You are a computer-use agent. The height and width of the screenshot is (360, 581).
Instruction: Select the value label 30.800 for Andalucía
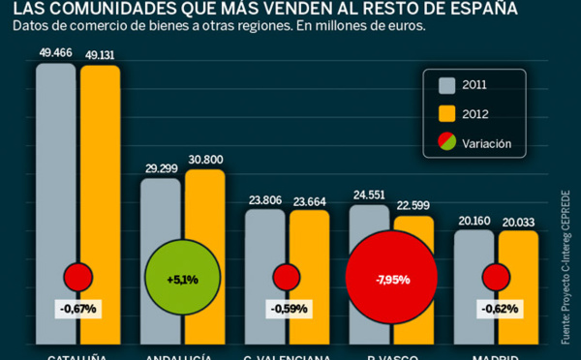point(204,160)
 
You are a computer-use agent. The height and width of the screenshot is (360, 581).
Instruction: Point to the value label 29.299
point(161,168)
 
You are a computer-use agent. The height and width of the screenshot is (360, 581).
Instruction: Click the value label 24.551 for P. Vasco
point(369,195)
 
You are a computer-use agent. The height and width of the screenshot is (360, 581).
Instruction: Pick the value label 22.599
point(414,206)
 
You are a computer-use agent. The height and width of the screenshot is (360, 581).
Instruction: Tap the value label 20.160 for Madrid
point(474,221)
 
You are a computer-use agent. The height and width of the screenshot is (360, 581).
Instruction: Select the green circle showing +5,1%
point(182,279)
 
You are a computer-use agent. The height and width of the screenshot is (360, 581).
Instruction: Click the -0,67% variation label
point(77,309)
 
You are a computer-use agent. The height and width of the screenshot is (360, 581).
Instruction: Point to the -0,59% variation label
point(287,309)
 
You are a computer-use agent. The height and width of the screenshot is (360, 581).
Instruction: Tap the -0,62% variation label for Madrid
point(496,309)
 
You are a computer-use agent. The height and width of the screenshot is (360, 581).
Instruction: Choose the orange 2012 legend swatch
point(446,113)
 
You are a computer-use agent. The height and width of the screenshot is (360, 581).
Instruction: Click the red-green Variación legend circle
point(446,143)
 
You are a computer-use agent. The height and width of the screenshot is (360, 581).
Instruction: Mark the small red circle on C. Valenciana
point(287,277)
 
